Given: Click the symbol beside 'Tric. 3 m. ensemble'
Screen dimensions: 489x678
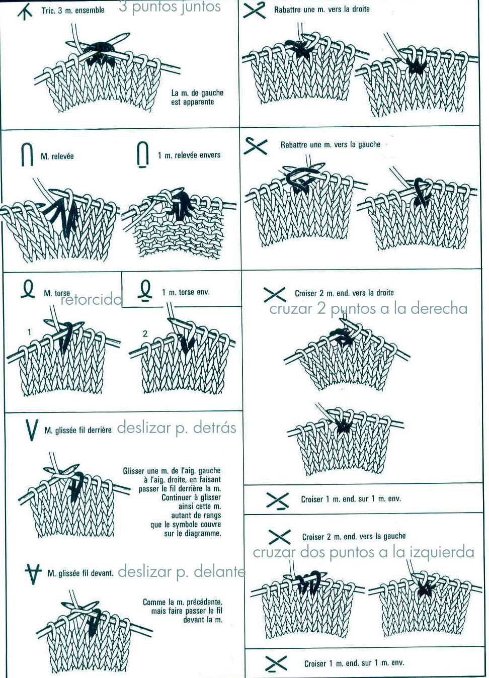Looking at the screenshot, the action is point(25,12).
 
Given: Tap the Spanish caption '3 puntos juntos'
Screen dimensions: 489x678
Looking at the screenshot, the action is point(170,7).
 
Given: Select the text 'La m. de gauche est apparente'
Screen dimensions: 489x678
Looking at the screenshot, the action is point(197,98).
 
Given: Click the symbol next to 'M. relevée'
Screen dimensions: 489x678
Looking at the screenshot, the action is point(27,154).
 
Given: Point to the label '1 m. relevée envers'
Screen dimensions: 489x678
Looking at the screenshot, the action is point(189,155).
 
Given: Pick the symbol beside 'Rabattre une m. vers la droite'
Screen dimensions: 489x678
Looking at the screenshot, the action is point(254,10).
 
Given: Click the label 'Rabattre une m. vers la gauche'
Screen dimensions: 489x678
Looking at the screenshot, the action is point(330,145).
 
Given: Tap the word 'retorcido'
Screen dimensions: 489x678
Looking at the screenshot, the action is point(91,300).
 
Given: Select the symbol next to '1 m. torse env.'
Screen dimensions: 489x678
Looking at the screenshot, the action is point(145,291).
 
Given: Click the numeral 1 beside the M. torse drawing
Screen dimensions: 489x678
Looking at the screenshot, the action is point(29,332).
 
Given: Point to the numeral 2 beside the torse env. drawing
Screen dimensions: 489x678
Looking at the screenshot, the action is point(145,333).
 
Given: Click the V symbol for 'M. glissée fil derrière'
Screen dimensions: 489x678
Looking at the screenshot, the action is point(31,430).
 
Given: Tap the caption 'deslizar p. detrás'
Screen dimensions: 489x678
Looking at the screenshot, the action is point(176,428).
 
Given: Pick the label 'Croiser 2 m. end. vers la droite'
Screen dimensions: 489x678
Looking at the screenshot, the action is point(344,293).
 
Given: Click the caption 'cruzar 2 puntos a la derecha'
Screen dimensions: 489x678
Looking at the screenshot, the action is point(368,308).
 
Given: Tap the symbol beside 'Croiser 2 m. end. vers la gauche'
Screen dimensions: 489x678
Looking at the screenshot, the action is point(279,537).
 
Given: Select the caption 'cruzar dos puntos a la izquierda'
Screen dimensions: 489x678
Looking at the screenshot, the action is point(363,552).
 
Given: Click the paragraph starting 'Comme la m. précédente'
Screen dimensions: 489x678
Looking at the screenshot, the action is point(182,611).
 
